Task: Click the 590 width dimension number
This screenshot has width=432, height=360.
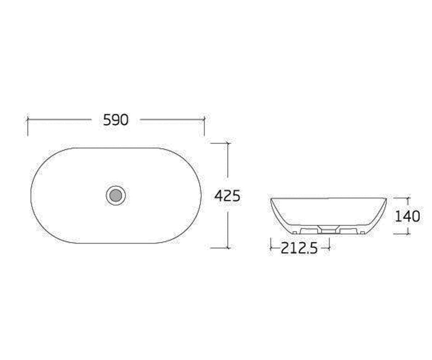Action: pyautogui.click(x=116, y=120)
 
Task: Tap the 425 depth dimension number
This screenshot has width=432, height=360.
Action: pyautogui.click(x=228, y=196)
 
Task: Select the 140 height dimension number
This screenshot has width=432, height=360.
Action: pyautogui.click(x=408, y=216)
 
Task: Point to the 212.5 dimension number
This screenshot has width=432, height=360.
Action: pyautogui.click(x=299, y=248)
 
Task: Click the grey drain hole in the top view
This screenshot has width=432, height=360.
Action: pyautogui.click(x=116, y=195)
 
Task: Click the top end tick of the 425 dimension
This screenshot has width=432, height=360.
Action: pyautogui.click(x=228, y=143)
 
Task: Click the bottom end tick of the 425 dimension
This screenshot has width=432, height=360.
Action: pyautogui.click(x=228, y=248)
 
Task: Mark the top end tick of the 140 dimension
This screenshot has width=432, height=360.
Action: pyautogui.click(x=408, y=198)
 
